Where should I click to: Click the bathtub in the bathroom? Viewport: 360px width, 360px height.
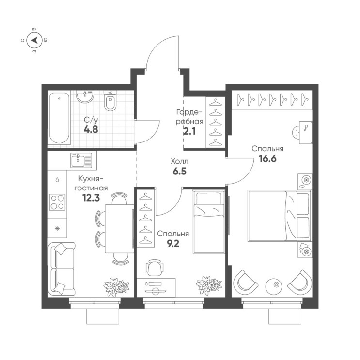click(59, 118)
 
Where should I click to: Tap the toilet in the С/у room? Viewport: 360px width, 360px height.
click(110, 100)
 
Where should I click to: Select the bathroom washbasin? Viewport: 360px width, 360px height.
click(85, 96)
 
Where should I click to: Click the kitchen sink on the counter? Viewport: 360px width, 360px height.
click(81, 160)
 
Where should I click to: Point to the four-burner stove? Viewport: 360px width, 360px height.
click(57, 202)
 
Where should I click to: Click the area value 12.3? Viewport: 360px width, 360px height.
click(91, 198)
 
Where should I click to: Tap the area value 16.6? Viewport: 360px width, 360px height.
click(268, 158)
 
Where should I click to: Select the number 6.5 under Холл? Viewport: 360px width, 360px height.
click(180, 171)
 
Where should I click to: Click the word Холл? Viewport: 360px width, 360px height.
click(180, 161)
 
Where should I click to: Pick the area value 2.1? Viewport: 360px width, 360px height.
click(189, 132)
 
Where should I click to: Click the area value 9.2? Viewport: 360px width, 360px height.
click(173, 243)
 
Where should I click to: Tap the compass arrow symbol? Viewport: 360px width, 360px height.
click(34, 40)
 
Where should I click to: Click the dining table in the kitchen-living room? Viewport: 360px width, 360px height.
click(119, 229)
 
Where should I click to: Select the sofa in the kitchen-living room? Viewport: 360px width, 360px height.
click(62, 268)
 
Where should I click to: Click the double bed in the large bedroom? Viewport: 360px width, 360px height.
click(280, 216)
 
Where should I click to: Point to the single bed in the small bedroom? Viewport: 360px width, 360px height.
click(209, 222)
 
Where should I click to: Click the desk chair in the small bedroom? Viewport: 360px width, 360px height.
click(155, 267)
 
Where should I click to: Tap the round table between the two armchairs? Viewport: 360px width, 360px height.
click(276, 285)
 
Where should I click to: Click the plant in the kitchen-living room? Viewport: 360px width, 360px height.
click(116, 287)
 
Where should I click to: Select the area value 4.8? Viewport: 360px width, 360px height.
click(91, 130)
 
